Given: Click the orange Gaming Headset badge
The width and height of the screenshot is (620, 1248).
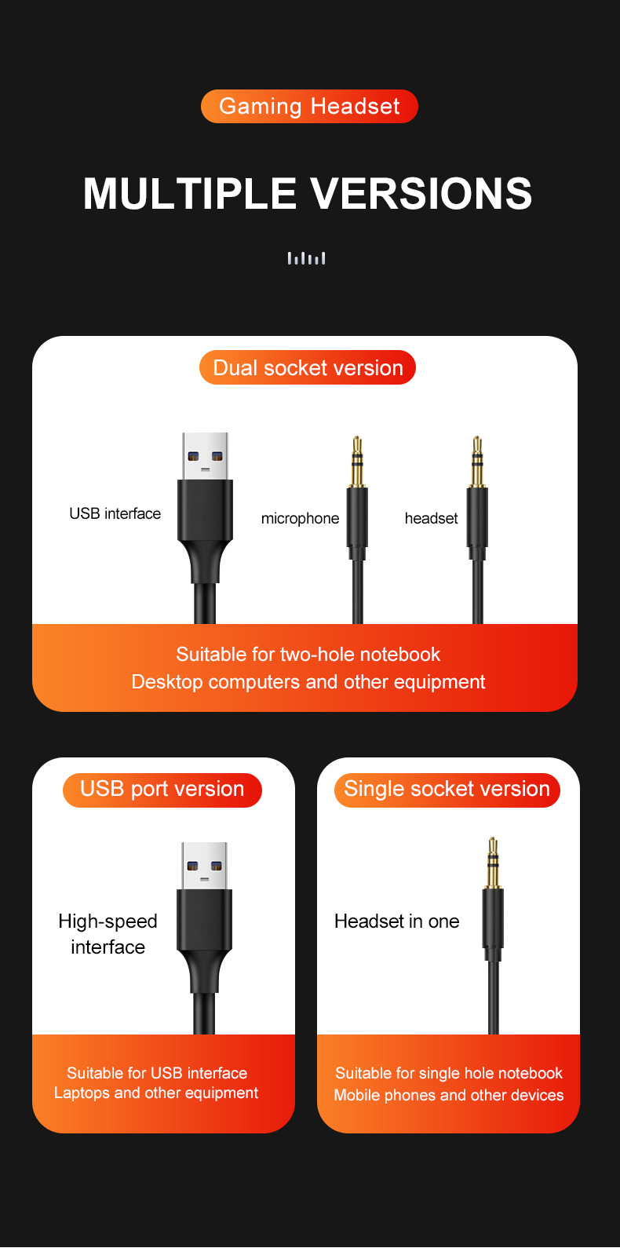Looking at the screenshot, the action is click(309, 107).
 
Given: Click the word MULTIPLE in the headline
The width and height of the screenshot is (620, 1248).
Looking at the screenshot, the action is click(189, 193).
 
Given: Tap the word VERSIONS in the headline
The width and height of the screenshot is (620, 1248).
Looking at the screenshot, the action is click(421, 193).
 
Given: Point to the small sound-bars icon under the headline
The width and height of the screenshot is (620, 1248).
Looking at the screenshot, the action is click(306, 258).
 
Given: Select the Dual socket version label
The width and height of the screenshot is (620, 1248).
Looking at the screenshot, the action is click(308, 367).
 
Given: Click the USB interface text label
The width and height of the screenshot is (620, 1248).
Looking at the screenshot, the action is click(115, 513).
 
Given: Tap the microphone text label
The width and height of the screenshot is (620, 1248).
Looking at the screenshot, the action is click(300, 519).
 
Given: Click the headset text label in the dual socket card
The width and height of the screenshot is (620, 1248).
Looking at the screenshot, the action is click(431, 518).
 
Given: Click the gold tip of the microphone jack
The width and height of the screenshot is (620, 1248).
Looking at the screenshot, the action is click(357, 461).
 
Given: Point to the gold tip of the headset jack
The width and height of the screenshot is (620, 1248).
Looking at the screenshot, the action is click(477, 461).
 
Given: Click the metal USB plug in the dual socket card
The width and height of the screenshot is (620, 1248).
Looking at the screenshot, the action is click(205, 456).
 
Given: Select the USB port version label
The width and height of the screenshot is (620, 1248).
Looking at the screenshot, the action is click(162, 790).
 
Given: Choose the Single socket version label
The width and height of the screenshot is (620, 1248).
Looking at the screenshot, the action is click(447, 790).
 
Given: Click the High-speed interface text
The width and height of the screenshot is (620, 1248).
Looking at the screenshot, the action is click(108, 934).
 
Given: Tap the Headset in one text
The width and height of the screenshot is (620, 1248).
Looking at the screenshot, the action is click(396, 921).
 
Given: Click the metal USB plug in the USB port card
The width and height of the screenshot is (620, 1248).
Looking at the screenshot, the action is click(204, 866).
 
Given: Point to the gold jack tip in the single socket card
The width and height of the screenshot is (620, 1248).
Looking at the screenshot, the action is click(493, 862).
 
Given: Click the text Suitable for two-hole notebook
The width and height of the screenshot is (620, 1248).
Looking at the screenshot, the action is click(308, 654).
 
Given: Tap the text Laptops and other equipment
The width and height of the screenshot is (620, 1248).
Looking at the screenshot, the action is click(156, 1093).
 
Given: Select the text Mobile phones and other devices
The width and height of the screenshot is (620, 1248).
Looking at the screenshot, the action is click(448, 1096).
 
